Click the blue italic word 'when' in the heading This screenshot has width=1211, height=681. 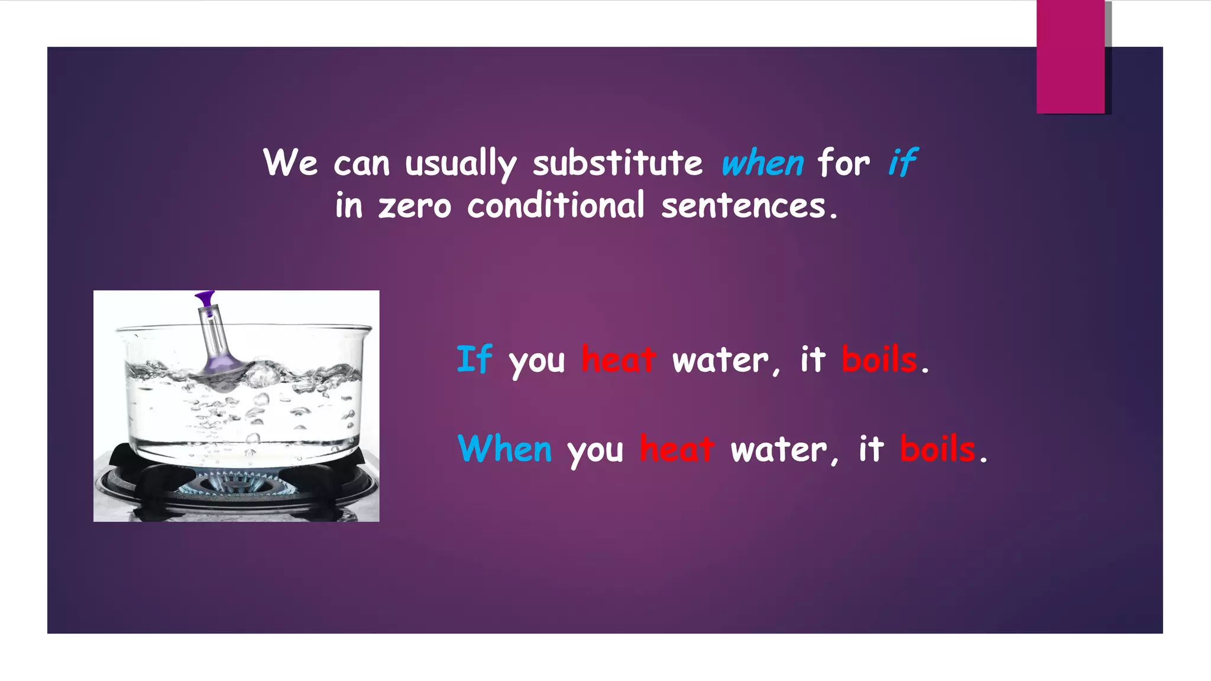point(762,163)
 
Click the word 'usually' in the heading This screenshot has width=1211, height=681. point(461,164)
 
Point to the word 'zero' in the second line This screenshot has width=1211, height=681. point(415,207)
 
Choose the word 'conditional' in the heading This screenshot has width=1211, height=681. point(555,206)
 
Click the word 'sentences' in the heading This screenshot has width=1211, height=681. point(743,206)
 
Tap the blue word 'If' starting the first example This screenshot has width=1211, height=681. point(474,359)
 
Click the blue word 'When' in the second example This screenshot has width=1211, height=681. point(505,449)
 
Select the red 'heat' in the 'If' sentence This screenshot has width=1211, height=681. point(619,359)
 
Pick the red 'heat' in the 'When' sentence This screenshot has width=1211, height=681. point(677,449)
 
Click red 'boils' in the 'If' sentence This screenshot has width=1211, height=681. point(879,359)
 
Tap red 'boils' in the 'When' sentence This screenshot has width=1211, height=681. point(937,449)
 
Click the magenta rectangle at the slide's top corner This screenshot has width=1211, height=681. point(1070,57)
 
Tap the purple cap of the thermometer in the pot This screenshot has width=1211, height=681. point(205,297)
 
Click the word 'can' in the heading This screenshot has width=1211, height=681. point(361,164)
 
